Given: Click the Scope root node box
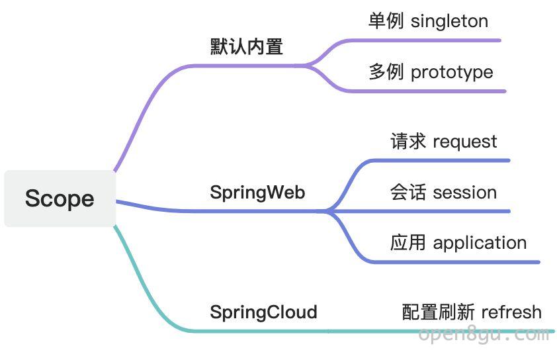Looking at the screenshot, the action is tap(60, 199).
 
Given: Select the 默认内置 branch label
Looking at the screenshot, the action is tap(247, 47).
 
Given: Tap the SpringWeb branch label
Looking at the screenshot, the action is tap(257, 193).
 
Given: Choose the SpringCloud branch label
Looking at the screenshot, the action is tap(263, 312).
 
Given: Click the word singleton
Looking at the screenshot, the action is tap(449, 21).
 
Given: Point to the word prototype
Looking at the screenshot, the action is tap(452, 73).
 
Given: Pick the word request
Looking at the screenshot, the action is tap(464, 142).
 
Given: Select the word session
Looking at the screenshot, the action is tap(464, 193).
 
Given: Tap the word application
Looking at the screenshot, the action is tap(480, 244).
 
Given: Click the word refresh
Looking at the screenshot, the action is tap(511, 312).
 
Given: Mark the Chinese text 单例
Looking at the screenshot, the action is tap(386, 21).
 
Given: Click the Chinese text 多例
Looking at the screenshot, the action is tap(386, 71).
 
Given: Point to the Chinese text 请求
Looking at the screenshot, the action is tap(408, 141).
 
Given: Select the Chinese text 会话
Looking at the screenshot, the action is tap(408, 192).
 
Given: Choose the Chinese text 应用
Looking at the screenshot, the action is tap(408, 243).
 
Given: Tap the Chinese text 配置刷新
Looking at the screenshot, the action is tap(439, 312).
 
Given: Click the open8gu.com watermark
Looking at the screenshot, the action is tap(484, 335).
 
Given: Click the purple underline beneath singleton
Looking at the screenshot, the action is tap(423, 41).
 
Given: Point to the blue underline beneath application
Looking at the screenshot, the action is tap(456, 262).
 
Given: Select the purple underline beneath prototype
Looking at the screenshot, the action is tap(426, 91).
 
